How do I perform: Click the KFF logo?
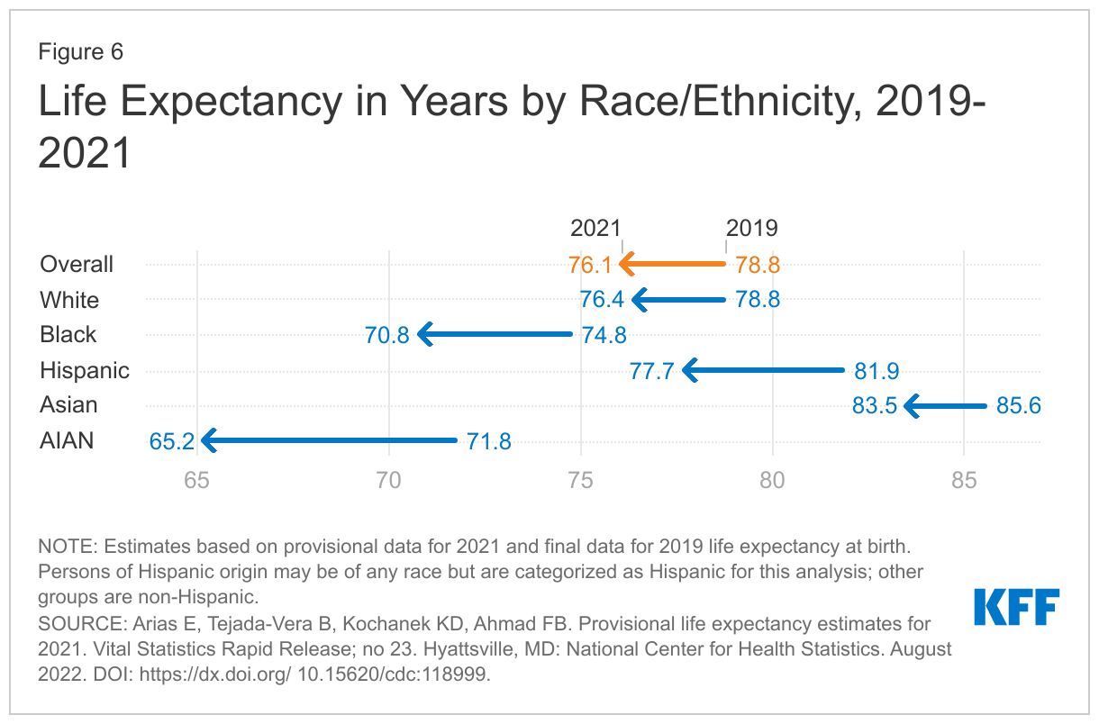[x=1016, y=607]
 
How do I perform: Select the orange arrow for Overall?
[x=673, y=265]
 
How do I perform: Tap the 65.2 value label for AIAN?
[x=171, y=441]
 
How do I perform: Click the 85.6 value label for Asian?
[x=1018, y=406]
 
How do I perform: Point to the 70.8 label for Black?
[x=387, y=335]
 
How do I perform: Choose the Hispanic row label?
[x=85, y=370]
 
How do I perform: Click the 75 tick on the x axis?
[x=580, y=480]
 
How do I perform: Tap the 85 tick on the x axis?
[x=964, y=480]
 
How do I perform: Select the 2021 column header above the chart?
[x=596, y=228]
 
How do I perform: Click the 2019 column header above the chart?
[x=752, y=228]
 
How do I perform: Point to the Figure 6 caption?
[x=80, y=52]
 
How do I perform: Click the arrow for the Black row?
[x=495, y=335]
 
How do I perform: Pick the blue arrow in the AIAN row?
[x=329, y=441]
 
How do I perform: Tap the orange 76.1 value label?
[x=590, y=266]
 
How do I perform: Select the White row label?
[x=69, y=300]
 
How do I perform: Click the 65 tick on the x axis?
[x=196, y=480]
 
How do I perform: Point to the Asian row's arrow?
[x=946, y=406]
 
